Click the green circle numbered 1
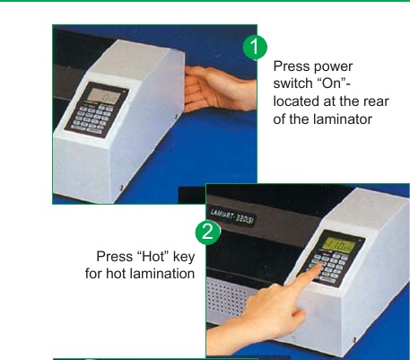pyautogui.click(x=255, y=48)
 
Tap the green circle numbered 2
pyautogui.click(x=208, y=232)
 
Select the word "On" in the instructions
pyautogui.click(x=331, y=83)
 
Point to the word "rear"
pyautogui.click(x=376, y=101)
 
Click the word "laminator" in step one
pyautogui.click(x=343, y=119)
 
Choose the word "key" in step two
pyautogui.click(x=184, y=258)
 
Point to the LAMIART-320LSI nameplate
pyautogui.click(x=232, y=217)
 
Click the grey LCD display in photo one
pyautogui.click(x=104, y=96)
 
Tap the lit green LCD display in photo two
pyautogui.click(x=340, y=246)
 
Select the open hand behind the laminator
pyautogui.click(x=220, y=89)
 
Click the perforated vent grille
pyautogui.click(x=228, y=297)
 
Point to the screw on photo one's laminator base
pyautogui.click(x=121, y=188)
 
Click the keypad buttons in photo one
pyautogui.click(x=92, y=119)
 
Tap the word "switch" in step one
pyautogui.click(x=293, y=83)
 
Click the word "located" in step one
pyautogui.click(x=297, y=101)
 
